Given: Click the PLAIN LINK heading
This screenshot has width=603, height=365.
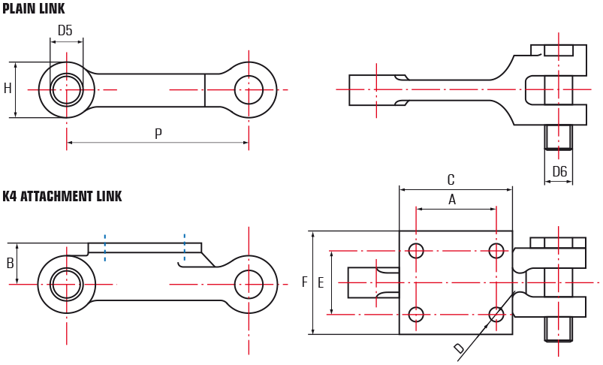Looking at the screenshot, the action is (x=34, y=8).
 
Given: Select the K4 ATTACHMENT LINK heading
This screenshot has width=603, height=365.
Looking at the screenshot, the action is (x=62, y=196).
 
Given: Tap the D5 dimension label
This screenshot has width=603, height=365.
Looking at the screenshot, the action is (x=65, y=30).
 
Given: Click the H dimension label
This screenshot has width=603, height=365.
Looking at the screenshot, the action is (x=8, y=89).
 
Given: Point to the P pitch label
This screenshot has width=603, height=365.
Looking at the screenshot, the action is (x=158, y=134).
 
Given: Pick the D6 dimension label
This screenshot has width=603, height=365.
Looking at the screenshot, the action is (x=559, y=171).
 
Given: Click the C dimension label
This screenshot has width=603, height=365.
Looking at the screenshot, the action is (x=451, y=179).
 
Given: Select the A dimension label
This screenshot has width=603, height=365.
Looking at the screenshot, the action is (x=452, y=200).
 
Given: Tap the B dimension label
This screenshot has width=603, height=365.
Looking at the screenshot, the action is (x=11, y=263).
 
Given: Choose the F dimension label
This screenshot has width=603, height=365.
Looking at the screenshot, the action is (x=305, y=282).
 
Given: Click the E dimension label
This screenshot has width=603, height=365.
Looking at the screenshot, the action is (x=321, y=283).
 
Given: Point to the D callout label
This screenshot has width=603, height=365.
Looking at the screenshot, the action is (x=459, y=348).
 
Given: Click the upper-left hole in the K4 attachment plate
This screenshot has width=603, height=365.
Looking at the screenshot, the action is (x=416, y=251).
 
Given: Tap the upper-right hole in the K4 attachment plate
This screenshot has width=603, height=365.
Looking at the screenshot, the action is (x=496, y=251).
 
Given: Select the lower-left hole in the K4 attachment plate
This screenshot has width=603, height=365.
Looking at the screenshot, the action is (x=416, y=314).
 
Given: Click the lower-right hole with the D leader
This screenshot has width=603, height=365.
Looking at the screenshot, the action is (x=496, y=314).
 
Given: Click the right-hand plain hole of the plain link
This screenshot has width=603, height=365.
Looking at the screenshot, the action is (x=249, y=90).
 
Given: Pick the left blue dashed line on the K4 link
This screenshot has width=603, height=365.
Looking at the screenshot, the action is (x=104, y=248).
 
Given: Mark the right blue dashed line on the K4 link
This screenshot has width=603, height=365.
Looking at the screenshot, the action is (x=185, y=248).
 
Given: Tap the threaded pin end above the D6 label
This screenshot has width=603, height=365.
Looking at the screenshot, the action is (x=559, y=137).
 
